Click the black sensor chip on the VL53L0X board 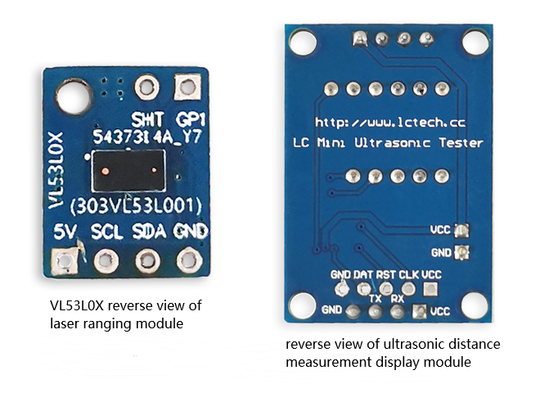pyautogui.click(x=128, y=170)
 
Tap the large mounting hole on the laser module pyautogui.click(x=74, y=97)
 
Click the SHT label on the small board pyautogui.click(x=147, y=120)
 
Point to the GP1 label pyautogui.click(x=191, y=120)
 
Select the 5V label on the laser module pyautogui.click(x=65, y=232)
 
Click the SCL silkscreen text pyautogui.click(x=106, y=232)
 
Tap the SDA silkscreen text pyautogui.click(x=149, y=232)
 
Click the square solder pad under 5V pyautogui.click(x=65, y=261)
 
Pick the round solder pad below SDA pyautogui.click(x=148, y=261)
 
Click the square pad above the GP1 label pyautogui.click(x=187, y=88)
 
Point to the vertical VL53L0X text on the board pyautogui.click(x=56, y=170)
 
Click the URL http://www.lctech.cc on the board pyautogui.click(x=390, y=123)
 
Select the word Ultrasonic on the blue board pyautogui.click(x=392, y=143)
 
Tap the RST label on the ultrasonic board pyautogui.click(x=385, y=275)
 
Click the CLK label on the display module pyautogui.click(x=408, y=275)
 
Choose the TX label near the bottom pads pyautogui.click(x=375, y=298)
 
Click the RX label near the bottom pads pyautogui.click(x=397, y=298)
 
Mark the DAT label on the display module pyautogui.click(x=363, y=275)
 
